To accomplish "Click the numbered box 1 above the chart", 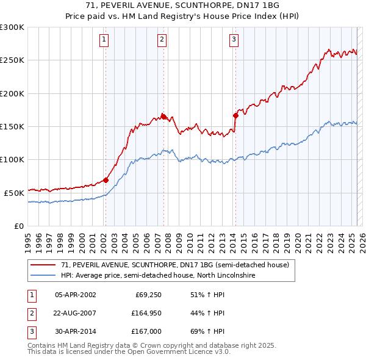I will (104, 40).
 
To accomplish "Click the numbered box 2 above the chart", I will (162, 40).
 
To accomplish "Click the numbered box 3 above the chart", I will (234, 40).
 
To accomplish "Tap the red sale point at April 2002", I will (106, 180).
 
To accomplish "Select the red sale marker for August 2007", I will (163, 117).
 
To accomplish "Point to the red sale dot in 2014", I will (235, 115).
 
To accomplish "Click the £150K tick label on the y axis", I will (12, 126).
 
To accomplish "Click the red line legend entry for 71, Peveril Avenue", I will (170, 264).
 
